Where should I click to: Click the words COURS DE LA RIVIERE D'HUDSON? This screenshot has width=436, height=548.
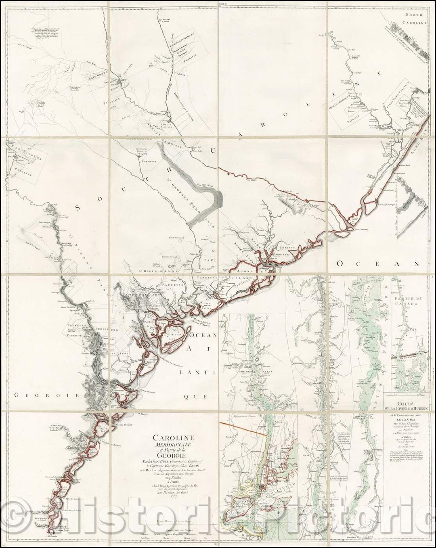click(407, 407)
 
